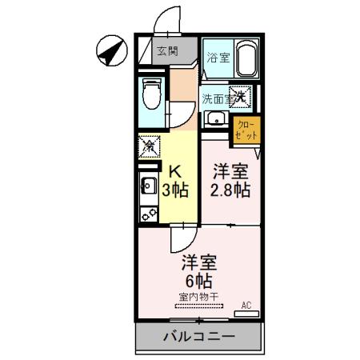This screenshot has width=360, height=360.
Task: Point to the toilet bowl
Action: (x=150, y=96)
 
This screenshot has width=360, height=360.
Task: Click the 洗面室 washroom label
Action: (x=217, y=99)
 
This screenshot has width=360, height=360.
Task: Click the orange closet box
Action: (x=246, y=130)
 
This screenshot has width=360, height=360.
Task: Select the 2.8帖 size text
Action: (x=230, y=190)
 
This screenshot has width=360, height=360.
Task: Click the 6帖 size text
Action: (x=196, y=281)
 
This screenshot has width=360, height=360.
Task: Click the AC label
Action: (x=246, y=305)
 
